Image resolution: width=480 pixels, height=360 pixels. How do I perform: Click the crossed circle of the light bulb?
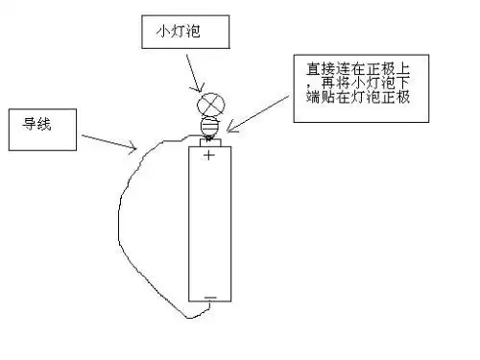pos(209,104)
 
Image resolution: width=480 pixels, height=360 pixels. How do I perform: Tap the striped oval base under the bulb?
pos(209,126)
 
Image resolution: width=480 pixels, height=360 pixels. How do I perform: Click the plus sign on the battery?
pos(209,156)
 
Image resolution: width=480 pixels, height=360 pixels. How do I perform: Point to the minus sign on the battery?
pos(210,297)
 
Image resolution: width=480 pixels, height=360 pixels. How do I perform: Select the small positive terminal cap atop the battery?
pos(209,142)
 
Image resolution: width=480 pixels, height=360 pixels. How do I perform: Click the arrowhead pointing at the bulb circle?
pos(199,90)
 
